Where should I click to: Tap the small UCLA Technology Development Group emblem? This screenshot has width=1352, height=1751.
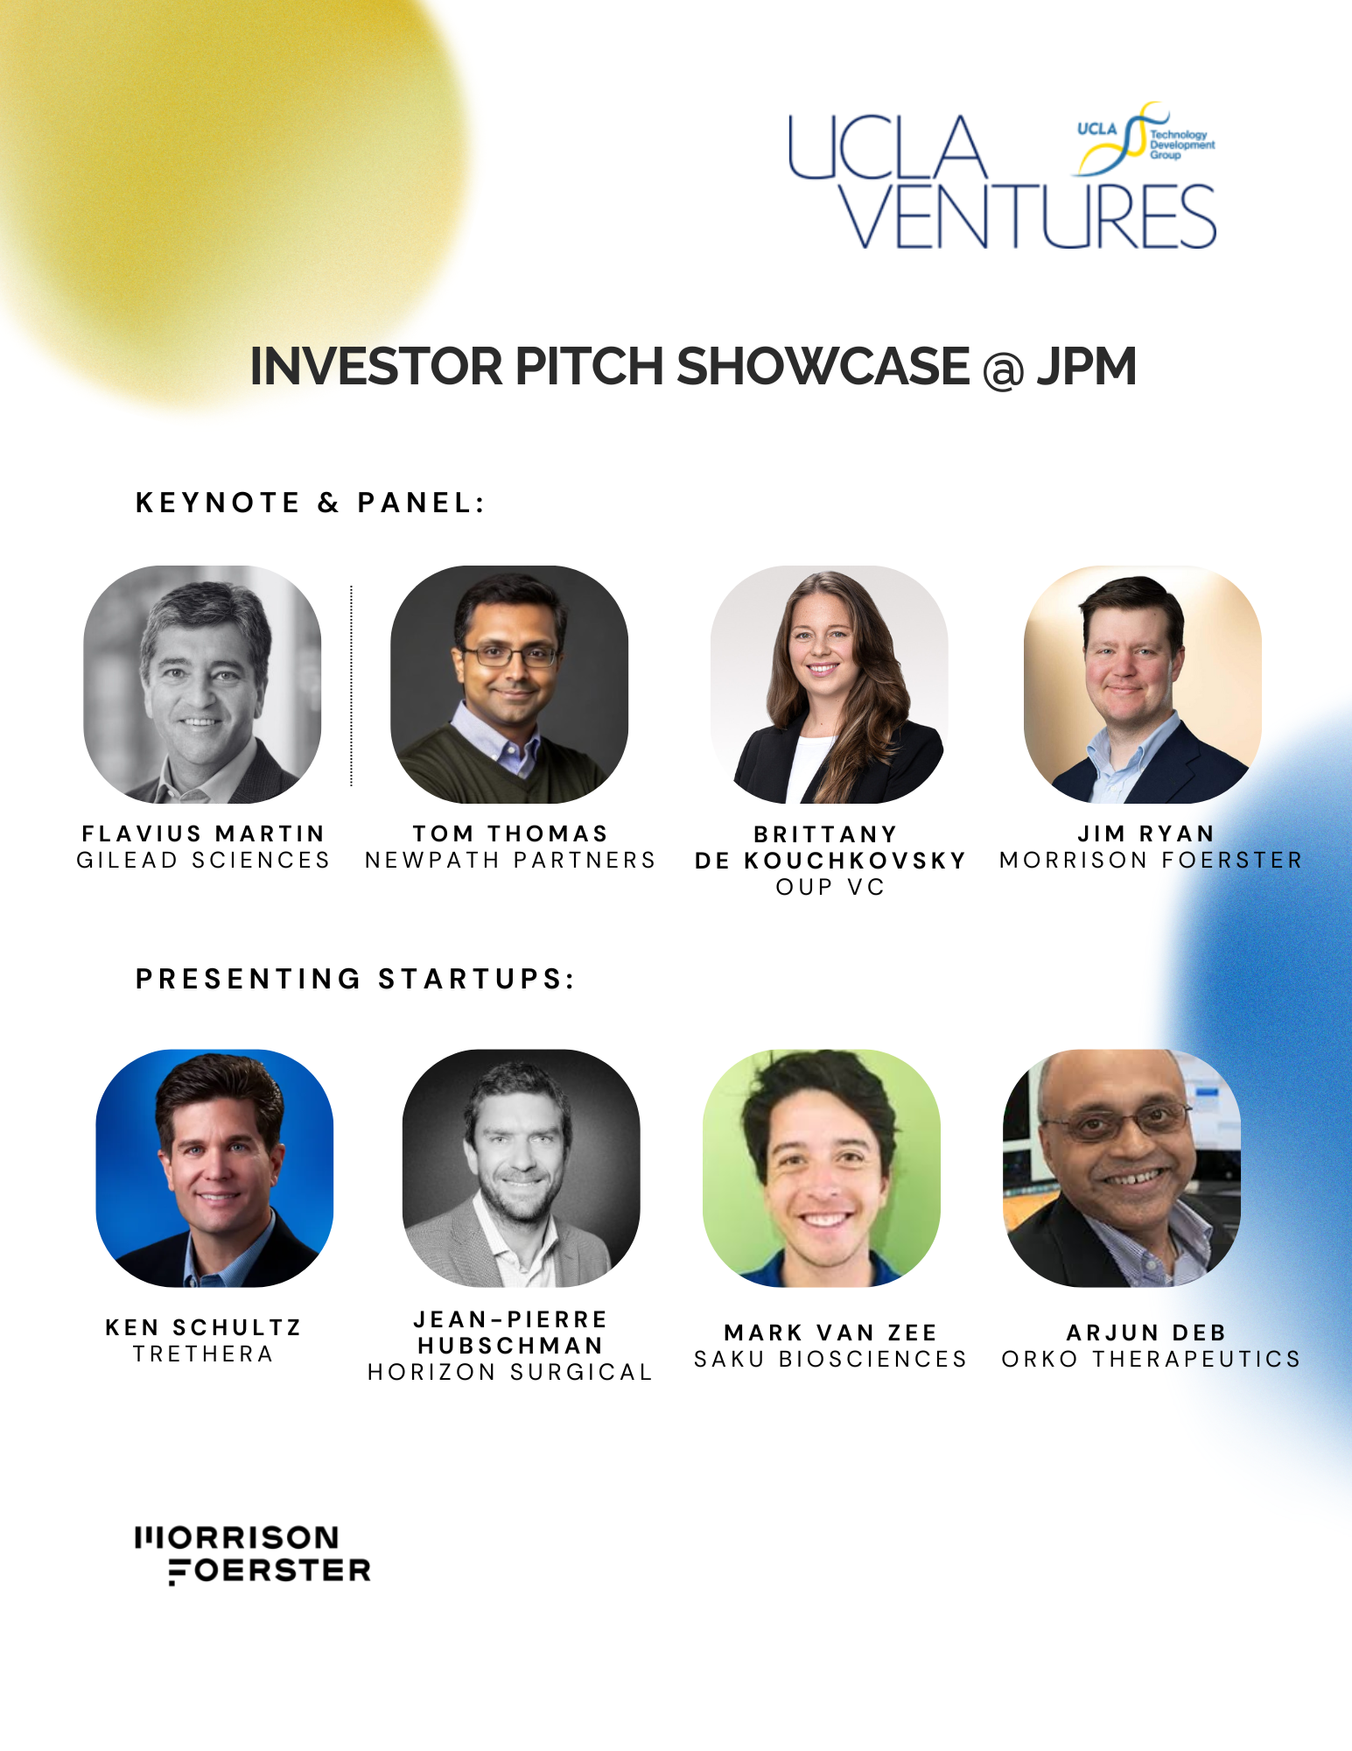point(1145,138)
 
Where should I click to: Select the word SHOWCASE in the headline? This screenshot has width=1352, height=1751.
point(823,366)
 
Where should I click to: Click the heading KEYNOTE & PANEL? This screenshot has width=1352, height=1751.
point(310,503)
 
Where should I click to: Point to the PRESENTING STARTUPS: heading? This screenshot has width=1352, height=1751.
point(355,979)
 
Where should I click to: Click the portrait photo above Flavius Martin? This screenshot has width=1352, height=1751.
point(202,685)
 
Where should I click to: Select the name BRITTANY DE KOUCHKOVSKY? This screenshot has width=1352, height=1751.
point(830,847)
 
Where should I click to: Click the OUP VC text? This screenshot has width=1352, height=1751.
point(830,888)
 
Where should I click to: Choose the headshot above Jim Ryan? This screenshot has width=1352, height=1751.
point(1143,685)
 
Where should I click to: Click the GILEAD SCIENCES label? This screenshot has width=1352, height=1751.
point(203,861)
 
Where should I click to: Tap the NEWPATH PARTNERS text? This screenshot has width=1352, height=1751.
point(510,861)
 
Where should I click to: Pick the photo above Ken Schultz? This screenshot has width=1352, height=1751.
point(214,1168)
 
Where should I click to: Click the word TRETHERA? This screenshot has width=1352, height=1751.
point(203,1354)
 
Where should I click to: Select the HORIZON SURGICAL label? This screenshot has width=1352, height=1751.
point(510,1372)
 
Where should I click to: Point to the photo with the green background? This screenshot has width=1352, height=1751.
point(822,1168)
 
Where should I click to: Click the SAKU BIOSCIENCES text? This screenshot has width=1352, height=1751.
point(830,1359)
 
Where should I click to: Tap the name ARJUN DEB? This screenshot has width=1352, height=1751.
point(1146,1333)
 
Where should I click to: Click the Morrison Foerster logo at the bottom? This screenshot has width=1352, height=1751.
point(254,1555)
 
